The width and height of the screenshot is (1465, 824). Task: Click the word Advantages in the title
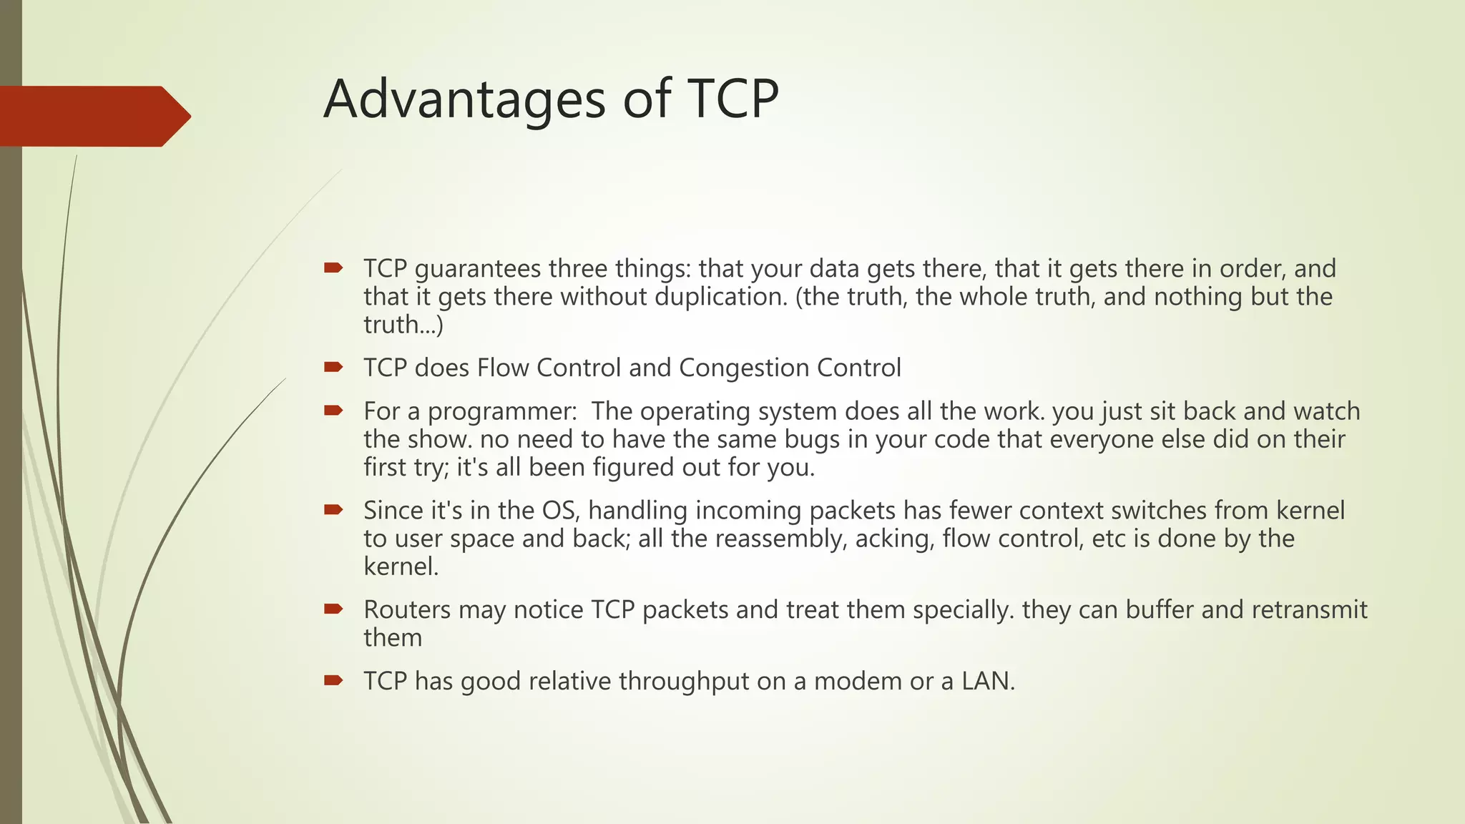[x=466, y=99]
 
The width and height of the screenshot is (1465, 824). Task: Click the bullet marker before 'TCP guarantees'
[x=333, y=268]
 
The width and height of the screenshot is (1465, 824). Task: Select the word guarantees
[x=477, y=270]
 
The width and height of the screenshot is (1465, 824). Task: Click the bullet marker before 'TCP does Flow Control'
[x=333, y=368]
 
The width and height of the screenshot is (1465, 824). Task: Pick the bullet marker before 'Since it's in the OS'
[x=333, y=510]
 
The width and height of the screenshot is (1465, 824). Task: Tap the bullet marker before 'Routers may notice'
[x=333, y=609]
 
